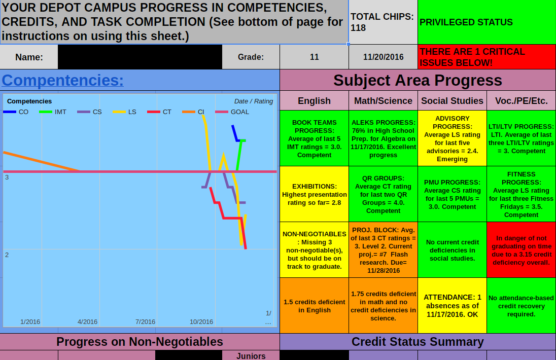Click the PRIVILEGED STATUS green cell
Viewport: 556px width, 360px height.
tap(486, 22)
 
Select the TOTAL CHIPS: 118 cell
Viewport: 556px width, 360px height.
tap(383, 22)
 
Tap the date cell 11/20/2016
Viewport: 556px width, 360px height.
tap(383, 57)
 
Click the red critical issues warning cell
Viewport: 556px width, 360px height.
tap(486, 57)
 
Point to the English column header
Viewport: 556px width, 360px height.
tap(314, 101)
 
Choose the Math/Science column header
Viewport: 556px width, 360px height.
tap(383, 101)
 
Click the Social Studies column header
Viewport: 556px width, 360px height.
tap(452, 101)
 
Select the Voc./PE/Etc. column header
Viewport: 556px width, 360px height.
tap(521, 101)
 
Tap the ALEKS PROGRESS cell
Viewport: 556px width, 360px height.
tap(383, 138)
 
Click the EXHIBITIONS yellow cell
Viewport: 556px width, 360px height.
tap(314, 194)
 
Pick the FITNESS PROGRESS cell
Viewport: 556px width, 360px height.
tap(521, 194)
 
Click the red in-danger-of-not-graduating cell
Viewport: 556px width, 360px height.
tap(521, 250)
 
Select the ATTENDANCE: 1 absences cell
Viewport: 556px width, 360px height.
tap(452, 306)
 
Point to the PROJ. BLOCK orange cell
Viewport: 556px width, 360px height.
tap(383, 250)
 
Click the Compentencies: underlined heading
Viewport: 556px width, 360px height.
tap(63, 80)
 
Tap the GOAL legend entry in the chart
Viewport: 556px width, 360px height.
tap(234, 112)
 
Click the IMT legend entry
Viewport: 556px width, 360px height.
tap(54, 112)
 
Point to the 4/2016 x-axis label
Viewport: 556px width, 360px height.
tap(87, 321)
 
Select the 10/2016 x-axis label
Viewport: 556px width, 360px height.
tap(201, 321)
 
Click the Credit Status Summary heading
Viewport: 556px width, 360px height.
tap(418, 342)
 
